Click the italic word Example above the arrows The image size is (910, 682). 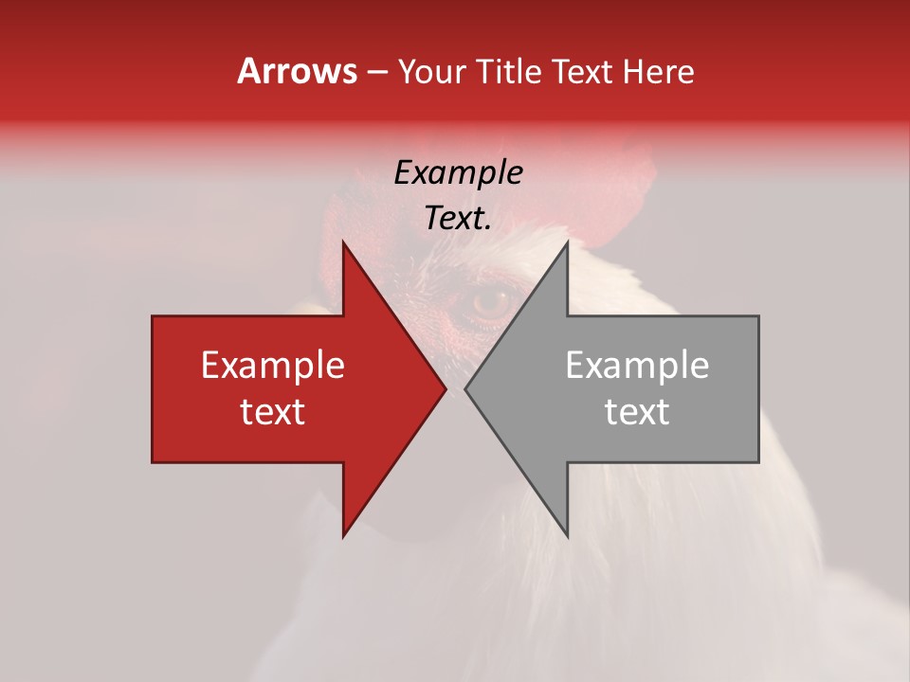point(458,172)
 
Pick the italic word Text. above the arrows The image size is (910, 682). point(458,218)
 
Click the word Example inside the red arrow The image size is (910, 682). point(273,365)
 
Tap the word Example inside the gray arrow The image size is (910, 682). point(637,365)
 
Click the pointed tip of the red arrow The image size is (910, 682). point(446,388)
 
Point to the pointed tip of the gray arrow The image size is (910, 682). point(465,388)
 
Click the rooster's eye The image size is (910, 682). point(490,302)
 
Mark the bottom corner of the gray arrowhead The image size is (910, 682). point(567,536)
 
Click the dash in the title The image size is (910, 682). point(376,73)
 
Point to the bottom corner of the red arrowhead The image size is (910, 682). point(343,536)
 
